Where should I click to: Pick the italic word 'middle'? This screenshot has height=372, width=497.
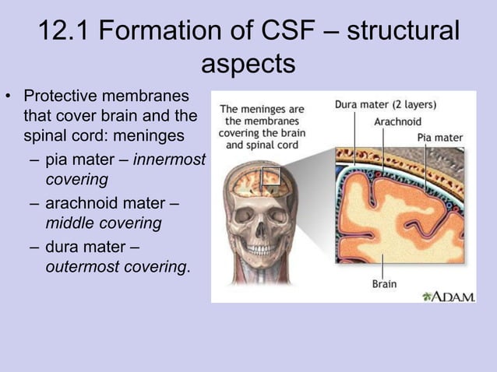coord(69,224)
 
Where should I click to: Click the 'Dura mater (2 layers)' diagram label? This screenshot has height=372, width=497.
coord(386,104)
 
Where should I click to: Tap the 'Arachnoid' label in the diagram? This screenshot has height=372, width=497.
coord(397,122)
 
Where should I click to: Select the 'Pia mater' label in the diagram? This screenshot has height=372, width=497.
coord(440,138)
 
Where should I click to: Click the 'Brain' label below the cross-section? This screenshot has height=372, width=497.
coord(383,283)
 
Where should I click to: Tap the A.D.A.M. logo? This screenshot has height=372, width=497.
coord(448,296)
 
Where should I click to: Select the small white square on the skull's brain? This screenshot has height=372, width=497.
coord(270,177)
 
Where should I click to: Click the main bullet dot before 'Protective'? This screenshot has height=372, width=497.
coord(10,98)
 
